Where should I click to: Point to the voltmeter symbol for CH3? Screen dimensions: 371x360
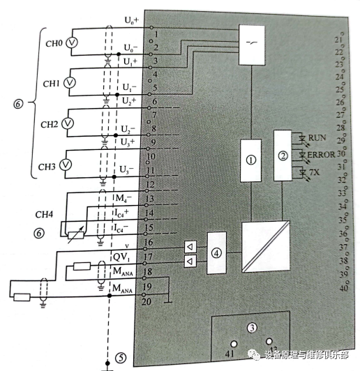coord(66,165)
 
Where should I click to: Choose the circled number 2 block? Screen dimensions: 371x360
coord(283,156)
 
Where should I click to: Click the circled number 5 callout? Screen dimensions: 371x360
coord(121,358)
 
